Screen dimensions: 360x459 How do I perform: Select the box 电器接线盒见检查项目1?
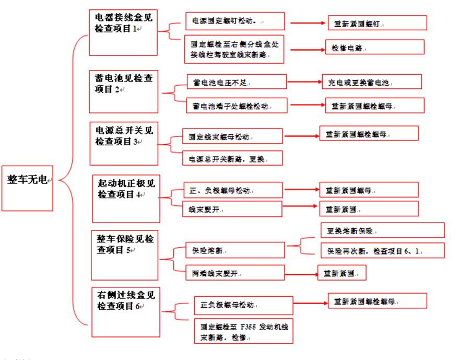[x=124, y=32]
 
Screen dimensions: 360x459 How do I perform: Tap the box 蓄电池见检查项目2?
[x=123, y=90]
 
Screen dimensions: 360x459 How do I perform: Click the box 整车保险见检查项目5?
[x=124, y=256]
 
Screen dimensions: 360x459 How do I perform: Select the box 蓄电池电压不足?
[x=237, y=82]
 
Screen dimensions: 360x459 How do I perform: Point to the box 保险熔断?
[x=235, y=250]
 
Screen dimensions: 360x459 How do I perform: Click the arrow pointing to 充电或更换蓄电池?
[x=305, y=82]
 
